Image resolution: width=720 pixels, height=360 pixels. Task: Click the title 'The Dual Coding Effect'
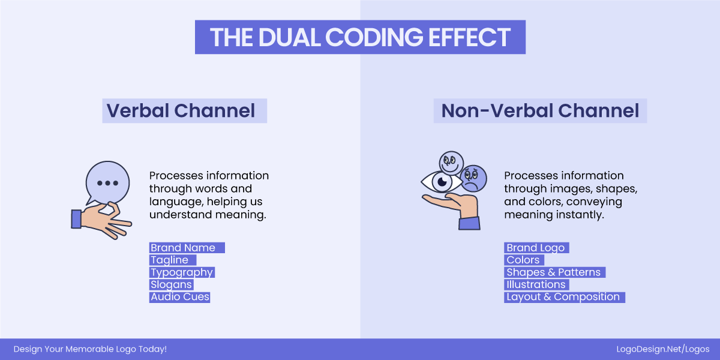(360, 37)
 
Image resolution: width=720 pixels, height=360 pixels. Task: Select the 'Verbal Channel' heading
(181, 111)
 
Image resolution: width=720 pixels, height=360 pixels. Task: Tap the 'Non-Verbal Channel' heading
(540, 111)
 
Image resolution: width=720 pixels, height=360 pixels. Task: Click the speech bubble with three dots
(107, 182)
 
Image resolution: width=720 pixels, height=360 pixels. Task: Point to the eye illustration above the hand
(442, 181)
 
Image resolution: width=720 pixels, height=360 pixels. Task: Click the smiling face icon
(451, 162)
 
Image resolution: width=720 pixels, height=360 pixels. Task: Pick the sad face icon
(473, 178)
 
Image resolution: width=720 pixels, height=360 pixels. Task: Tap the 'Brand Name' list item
(183, 248)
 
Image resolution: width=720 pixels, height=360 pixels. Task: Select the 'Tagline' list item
(170, 260)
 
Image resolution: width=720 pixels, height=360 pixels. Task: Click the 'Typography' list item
(182, 272)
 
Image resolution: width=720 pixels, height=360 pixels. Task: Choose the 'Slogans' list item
(172, 284)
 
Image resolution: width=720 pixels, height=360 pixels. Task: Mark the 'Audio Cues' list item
(180, 297)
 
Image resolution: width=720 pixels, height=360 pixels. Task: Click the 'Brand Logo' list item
(536, 248)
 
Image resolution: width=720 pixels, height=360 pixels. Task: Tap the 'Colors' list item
(523, 260)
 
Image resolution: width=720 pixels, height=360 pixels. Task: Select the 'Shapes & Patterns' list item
(553, 272)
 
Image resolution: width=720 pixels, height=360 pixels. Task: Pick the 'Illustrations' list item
(536, 284)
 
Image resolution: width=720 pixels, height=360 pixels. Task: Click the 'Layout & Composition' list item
(563, 297)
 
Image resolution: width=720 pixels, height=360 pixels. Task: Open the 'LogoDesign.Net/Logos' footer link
(663, 349)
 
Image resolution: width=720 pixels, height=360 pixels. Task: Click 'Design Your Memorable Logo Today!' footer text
(90, 349)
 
